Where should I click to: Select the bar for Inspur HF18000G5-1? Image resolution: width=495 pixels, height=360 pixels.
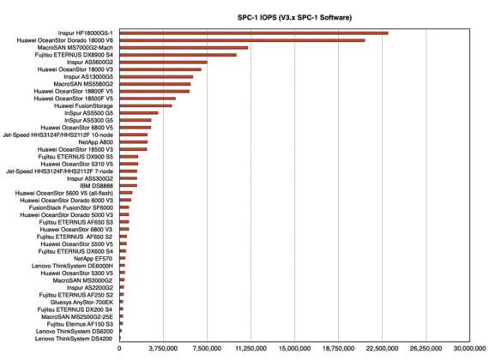254,33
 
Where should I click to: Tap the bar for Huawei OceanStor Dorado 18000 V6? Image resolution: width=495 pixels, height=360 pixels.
242,40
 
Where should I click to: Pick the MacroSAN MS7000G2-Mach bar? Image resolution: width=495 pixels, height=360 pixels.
184,47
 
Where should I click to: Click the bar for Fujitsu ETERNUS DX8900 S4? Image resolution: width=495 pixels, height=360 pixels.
178,55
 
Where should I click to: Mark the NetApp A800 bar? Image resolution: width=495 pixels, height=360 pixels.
133,141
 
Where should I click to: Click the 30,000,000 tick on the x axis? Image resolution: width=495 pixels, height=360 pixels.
469,349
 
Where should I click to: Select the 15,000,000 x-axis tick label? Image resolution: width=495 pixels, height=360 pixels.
294,349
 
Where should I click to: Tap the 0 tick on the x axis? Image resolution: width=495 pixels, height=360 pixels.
119,349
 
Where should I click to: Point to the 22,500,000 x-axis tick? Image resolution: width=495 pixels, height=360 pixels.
382,349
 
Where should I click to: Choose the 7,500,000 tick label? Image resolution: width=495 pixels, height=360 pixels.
207,349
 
